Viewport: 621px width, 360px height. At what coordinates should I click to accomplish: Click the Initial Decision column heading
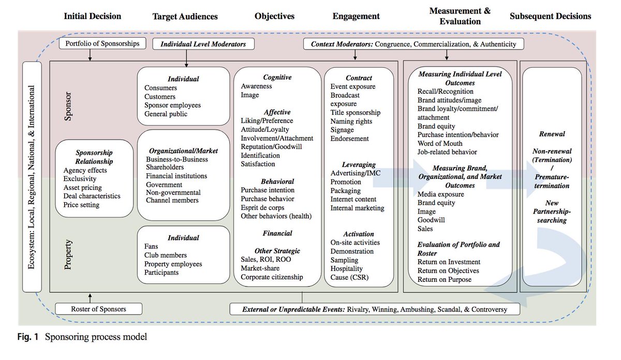pos(92,16)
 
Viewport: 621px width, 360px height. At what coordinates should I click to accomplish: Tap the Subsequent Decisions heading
pos(550,16)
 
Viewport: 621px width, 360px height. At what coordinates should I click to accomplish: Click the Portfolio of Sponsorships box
pos(102,43)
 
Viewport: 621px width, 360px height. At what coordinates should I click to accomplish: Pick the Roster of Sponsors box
pos(98,309)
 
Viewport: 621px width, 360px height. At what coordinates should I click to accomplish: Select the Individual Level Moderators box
pos(203,44)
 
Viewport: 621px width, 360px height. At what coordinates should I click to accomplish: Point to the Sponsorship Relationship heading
pos(94,157)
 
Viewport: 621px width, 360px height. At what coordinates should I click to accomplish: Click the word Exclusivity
pos(80,179)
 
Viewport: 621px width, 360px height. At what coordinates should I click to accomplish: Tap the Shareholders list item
pos(165,168)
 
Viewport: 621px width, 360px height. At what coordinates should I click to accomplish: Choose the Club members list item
pos(166,256)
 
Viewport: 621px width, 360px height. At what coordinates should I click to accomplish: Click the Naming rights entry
pos(349,121)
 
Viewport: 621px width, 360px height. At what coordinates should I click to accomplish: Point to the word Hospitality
pos(347,269)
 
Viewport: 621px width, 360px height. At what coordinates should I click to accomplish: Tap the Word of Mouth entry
pos(440,143)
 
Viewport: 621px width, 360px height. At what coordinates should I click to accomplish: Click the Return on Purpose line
pos(445,279)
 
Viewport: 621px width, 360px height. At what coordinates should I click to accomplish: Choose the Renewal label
pos(552,134)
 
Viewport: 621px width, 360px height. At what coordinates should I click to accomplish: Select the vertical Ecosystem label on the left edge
pos(32,177)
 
